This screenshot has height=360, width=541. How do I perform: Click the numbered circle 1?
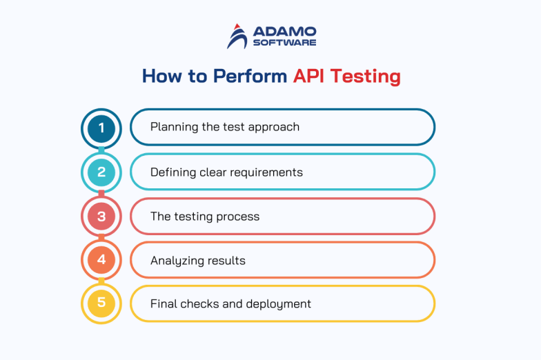[101, 128]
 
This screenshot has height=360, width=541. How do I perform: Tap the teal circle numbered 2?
[101, 172]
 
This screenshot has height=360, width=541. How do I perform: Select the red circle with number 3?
[101, 216]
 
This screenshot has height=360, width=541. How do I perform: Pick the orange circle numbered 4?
[101, 260]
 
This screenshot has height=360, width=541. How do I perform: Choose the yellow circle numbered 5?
[101, 303]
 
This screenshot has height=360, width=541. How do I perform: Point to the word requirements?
[268, 172]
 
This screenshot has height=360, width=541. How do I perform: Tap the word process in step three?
[238, 217]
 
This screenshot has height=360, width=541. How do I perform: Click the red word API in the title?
[308, 75]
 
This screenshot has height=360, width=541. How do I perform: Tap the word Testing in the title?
[365, 77]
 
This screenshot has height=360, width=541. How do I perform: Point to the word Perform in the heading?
[249, 75]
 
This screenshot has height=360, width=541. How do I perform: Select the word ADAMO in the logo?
[284, 32]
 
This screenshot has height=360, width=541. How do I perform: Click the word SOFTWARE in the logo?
[284, 43]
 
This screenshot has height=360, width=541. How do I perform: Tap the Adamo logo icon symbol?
[237, 37]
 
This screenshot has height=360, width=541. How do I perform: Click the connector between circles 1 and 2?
[101, 150]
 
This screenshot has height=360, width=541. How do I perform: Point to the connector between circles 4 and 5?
[101, 282]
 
